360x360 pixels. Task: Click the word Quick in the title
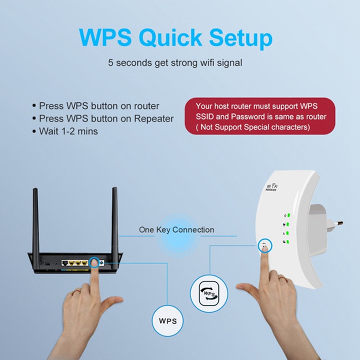click(170, 37)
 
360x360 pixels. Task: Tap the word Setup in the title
click(241, 38)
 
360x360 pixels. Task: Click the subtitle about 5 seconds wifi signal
click(175, 63)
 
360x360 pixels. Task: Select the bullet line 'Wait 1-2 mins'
click(65, 131)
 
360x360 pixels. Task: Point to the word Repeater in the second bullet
click(153, 119)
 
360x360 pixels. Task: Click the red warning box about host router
click(260, 116)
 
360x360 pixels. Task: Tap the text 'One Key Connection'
click(176, 229)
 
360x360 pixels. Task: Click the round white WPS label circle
click(167, 321)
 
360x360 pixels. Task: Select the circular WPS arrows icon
click(209, 294)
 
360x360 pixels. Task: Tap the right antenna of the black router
click(115, 220)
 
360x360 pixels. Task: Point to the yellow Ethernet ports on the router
click(78, 263)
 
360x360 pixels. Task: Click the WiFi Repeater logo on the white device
click(272, 187)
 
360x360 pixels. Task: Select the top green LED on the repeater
click(288, 215)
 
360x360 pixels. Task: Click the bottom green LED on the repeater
click(288, 242)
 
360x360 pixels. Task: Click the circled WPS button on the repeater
click(265, 246)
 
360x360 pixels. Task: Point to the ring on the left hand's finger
click(76, 292)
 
